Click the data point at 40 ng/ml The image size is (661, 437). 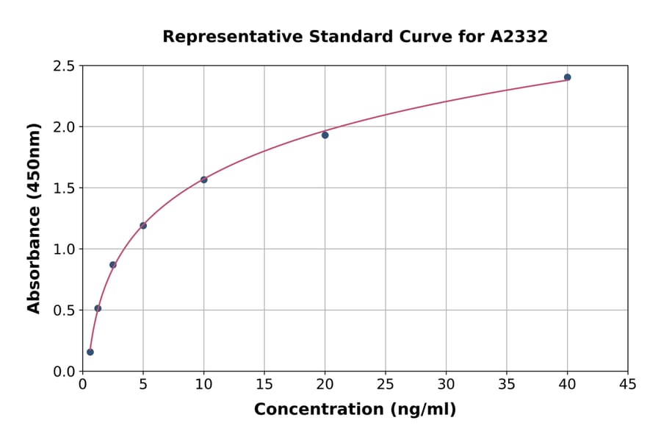567,77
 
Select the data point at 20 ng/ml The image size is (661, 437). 325,135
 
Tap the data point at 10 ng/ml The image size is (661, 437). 203,180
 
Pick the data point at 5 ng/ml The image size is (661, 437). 143,225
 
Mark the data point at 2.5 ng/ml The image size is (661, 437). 113,265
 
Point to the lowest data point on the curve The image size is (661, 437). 90,352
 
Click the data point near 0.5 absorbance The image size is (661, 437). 98,308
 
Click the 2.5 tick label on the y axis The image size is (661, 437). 64,66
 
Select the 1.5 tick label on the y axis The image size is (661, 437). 64,188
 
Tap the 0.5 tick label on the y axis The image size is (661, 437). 64,310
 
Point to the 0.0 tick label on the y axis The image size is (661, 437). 64,372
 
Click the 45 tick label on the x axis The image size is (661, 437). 627,384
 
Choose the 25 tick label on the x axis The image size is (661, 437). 386,384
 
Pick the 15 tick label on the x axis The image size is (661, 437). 264,384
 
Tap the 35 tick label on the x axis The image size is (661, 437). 507,384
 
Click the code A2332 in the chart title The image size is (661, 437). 519,36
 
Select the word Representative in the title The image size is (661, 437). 220,36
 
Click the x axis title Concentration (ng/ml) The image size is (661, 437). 355,409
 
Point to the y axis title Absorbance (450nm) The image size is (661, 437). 34,218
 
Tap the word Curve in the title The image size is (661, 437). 427,36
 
